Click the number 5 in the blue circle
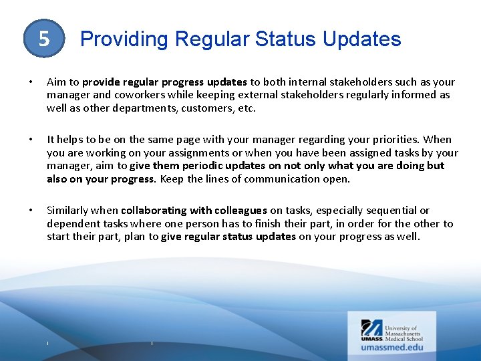point(44,39)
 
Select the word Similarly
point(69,211)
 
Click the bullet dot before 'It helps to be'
point(32,140)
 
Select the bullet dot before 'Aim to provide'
point(32,82)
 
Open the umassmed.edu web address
point(392,347)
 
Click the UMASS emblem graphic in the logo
point(371,328)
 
